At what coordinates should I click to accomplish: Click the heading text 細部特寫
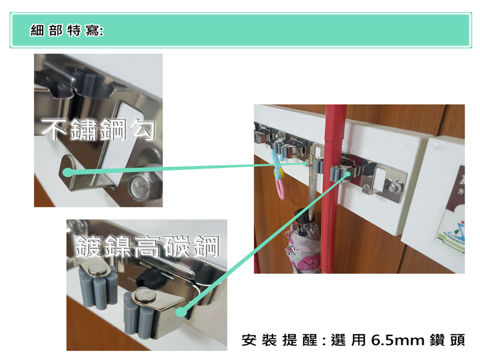pos(67,31)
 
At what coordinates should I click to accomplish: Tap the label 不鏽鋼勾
pos(98,130)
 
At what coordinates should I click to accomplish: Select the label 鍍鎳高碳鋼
pos(147,247)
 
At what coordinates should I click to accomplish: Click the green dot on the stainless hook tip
pos(67,172)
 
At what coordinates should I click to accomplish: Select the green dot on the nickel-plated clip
pos(181,312)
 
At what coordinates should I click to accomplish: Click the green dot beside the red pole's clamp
pos(348,174)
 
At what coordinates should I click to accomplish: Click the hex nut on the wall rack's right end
pos(394,186)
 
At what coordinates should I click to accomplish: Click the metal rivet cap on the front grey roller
pos(145,296)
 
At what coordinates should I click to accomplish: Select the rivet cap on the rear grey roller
pos(97,269)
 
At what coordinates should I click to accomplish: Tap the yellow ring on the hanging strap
pos(278,175)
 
